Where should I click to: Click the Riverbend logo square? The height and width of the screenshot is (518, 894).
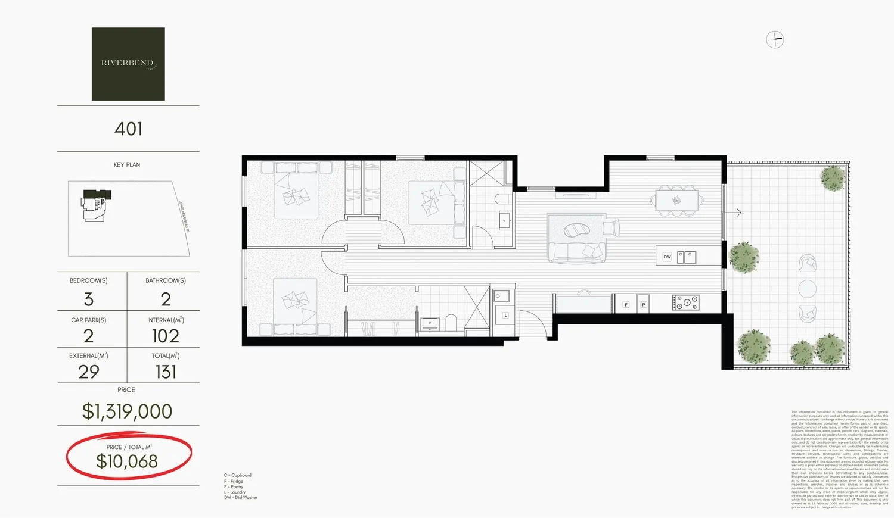coord(128,64)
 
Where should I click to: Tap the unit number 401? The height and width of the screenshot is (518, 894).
coord(128,129)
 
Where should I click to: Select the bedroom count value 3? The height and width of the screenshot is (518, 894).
coord(89,299)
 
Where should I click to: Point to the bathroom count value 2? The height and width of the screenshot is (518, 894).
coord(166,299)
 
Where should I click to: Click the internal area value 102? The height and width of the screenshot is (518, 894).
coord(165,336)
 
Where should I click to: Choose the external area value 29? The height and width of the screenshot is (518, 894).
coord(89,372)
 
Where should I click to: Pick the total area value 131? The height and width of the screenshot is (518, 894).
coord(166,372)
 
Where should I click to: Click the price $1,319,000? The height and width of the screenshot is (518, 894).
coord(127,411)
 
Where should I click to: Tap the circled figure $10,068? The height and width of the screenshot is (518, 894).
coord(127,461)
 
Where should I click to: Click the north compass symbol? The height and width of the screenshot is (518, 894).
coord(775,40)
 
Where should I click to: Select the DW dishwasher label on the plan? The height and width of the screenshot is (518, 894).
coord(667,257)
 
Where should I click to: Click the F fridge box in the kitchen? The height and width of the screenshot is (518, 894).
coord(626,304)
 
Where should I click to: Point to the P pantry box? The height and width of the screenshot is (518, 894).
coord(643,304)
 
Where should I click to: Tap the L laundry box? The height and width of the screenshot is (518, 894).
coord(505,315)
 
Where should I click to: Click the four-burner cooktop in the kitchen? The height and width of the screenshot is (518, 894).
coord(685,302)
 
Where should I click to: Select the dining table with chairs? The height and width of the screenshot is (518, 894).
coord(677,199)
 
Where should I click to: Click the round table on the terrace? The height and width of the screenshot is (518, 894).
coord(808,289)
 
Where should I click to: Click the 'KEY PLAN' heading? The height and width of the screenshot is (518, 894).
coord(127,165)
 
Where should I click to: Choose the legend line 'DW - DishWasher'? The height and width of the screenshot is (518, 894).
coord(241,498)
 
